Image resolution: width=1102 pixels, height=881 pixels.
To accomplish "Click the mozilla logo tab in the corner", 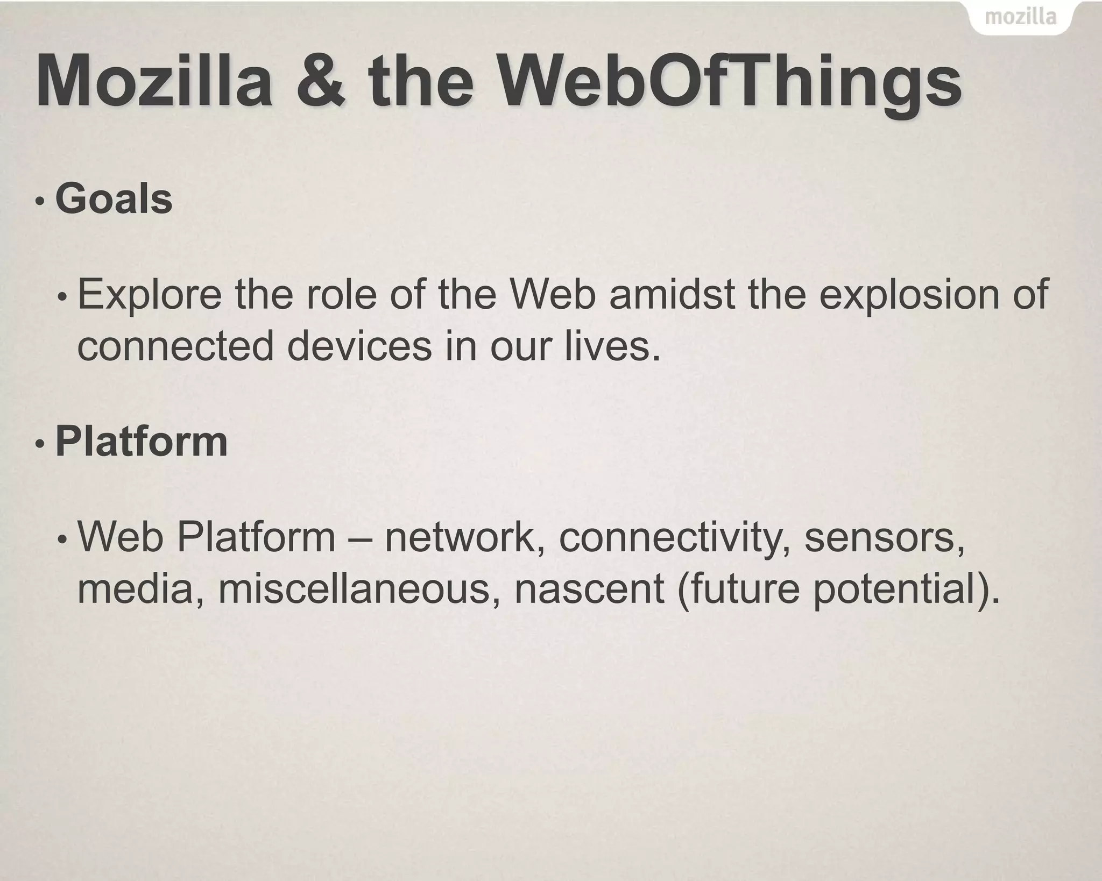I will coord(1020,18).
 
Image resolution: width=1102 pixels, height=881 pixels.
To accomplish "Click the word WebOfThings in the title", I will coord(729,82).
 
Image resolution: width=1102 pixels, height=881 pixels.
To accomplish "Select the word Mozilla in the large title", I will coord(154,82).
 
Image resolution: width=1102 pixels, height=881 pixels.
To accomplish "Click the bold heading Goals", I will coord(114,199).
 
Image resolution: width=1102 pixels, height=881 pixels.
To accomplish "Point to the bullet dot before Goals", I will coord(39,202).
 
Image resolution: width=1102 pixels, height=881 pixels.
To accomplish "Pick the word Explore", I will coord(150,296).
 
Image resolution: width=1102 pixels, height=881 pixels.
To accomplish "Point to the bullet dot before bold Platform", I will coord(39,445).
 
